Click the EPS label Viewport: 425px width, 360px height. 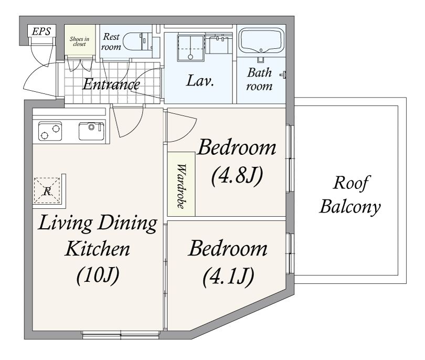coord(41,31)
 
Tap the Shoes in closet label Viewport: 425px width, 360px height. coord(79,41)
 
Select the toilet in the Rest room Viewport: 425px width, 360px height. coord(137,41)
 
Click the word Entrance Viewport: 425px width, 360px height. coord(111,84)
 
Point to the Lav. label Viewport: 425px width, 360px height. coord(200,80)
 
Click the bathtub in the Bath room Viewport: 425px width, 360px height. coord(261,41)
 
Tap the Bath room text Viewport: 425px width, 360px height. coord(259,79)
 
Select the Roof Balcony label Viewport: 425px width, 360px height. coord(350,194)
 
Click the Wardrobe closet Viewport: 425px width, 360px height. coord(181,184)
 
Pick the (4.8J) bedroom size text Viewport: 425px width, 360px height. coord(237,176)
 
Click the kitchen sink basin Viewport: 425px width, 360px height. coord(91,131)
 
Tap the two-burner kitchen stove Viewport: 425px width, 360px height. coord(50,131)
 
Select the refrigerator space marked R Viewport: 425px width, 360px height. coord(47,190)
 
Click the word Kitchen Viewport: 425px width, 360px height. coord(97,248)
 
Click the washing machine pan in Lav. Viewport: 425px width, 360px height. coord(190,48)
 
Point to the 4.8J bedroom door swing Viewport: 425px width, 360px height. coord(182,125)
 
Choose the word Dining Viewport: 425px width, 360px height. coord(127,224)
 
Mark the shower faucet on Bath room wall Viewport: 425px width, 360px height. coord(283,75)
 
